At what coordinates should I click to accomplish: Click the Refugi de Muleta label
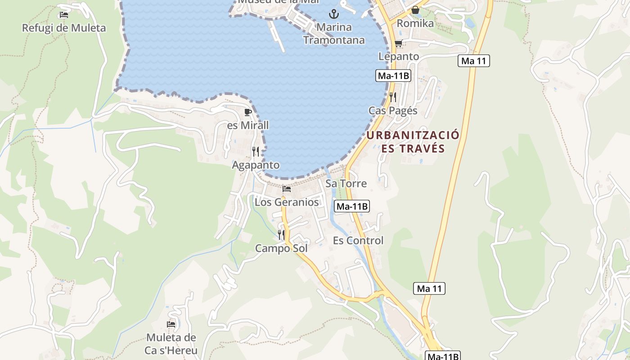[64, 28]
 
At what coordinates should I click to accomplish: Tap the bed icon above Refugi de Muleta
[64, 15]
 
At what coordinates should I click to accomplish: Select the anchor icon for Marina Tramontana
[333, 14]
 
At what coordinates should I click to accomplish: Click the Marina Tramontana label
[333, 34]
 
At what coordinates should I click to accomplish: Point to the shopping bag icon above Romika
[415, 10]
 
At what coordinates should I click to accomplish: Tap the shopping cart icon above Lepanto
[398, 44]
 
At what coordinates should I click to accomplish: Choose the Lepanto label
[399, 56]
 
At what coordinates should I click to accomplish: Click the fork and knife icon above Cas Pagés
[393, 97]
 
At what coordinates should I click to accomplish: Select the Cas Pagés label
[393, 111]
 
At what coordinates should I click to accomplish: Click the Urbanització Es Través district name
[413, 142]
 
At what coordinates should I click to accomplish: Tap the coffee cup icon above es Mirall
[247, 112]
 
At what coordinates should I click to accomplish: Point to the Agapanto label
[256, 165]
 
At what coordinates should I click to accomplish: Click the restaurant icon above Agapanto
[256, 152]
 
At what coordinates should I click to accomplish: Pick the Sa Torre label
[346, 184]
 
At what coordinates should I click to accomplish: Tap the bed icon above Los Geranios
[287, 189]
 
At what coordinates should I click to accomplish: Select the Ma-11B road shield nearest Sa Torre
[352, 207]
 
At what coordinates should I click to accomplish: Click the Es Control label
[358, 241]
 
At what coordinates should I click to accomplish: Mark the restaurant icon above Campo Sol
[281, 234]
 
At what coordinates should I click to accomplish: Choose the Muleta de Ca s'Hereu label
[171, 344]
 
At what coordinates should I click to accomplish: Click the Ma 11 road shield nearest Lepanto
[474, 61]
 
